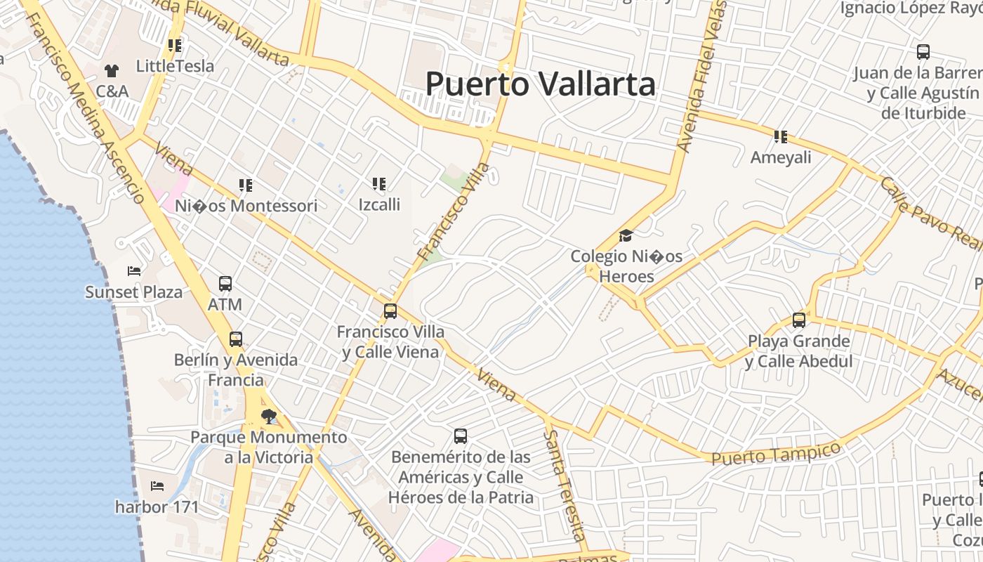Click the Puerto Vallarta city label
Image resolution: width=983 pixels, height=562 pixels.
point(541,84)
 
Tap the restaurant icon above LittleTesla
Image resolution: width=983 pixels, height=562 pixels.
point(175,46)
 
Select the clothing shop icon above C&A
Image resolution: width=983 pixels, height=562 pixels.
point(112,70)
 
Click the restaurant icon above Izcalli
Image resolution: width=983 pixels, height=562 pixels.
point(379,184)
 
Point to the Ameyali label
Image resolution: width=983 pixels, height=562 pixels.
point(781,157)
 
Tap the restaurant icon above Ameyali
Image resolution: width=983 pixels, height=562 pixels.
point(781,136)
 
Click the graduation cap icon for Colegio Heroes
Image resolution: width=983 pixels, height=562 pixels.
point(626,235)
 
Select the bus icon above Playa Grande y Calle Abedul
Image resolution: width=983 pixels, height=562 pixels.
point(799,320)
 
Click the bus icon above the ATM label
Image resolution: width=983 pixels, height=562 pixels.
point(225,284)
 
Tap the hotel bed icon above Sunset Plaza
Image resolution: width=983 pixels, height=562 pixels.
point(134,271)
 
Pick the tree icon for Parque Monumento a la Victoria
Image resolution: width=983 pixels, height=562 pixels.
point(268,417)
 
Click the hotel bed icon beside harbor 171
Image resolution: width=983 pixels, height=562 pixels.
point(157,485)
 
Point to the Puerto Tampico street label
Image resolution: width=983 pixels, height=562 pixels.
point(776,454)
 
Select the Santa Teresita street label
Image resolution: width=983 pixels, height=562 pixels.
point(565,485)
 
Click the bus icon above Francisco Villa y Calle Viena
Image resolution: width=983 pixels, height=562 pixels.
point(390,311)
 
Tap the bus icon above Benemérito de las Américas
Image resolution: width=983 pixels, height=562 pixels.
point(461,436)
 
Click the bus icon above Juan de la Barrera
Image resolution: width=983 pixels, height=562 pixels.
point(923,52)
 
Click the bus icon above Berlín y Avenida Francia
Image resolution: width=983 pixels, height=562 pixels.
point(236,339)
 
